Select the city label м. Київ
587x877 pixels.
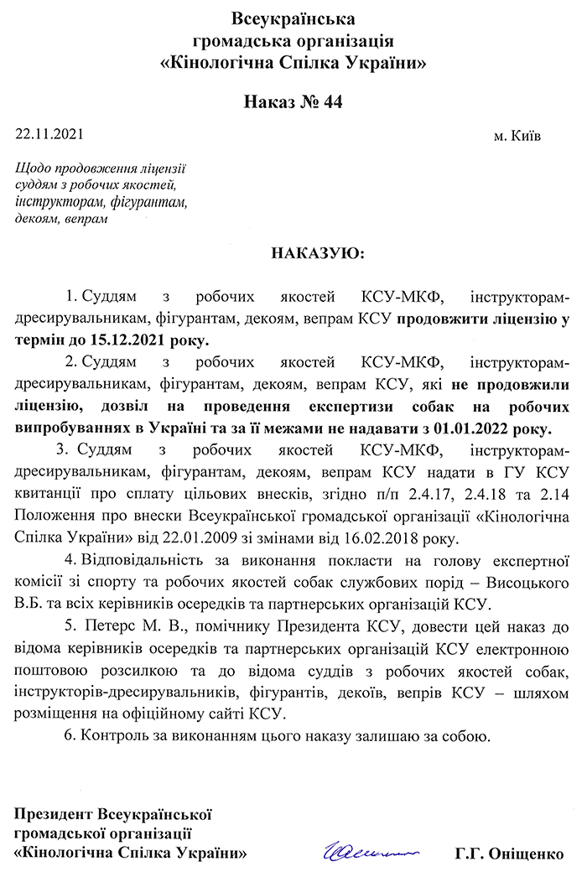pyautogui.click(x=517, y=135)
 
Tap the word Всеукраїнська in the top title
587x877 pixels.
pyautogui.click(x=293, y=18)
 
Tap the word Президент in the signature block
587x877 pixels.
pyautogui.click(x=55, y=813)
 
